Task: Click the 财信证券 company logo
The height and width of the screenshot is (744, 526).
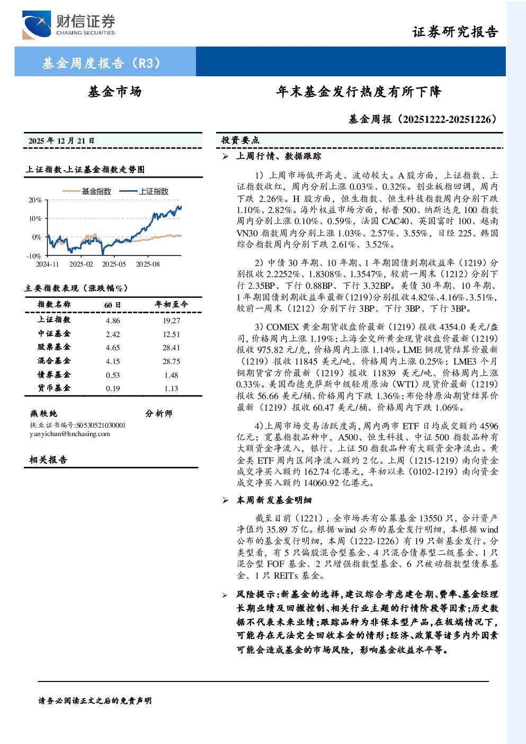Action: coord(69,25)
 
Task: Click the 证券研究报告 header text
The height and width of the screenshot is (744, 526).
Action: coord(455,32)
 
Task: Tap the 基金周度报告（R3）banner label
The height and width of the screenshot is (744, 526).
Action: coord(101,63)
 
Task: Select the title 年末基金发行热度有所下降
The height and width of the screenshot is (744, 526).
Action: coord(359,92)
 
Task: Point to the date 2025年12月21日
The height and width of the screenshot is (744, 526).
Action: coord(61,141)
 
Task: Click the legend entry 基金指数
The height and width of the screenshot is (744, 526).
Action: coord(87,191)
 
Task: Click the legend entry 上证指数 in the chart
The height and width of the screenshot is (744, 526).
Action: coord(144,191)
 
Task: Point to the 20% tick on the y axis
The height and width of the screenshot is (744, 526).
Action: coord(35,200)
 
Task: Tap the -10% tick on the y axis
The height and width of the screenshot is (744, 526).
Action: coord(34,256)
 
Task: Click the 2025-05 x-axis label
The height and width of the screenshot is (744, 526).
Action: coord(114,264)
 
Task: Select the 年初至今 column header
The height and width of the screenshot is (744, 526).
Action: coord(171,304)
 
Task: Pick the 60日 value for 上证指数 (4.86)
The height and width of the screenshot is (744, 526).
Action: coord(113,321)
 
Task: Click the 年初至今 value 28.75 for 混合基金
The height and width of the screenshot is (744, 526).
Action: coord(171,361)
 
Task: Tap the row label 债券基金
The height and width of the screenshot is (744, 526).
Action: coord(54,375)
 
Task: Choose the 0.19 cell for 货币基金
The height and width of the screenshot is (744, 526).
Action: coord(113,388)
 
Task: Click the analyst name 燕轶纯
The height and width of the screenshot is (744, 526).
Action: coord(43,413)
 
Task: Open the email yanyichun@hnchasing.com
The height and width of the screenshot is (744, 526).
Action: coord(70,434)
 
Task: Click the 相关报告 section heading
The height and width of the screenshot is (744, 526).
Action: coord(49,459)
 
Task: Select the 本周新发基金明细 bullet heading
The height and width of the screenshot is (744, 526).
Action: coord(274,500)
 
